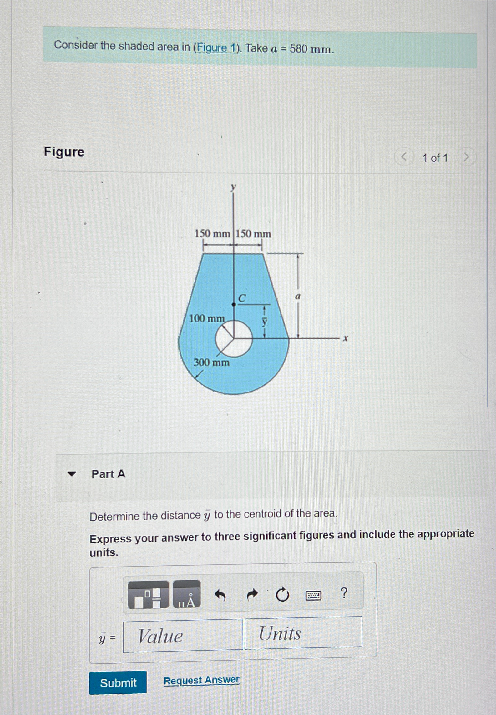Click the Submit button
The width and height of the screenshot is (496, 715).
(118, 682)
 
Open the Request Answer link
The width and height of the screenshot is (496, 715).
(201, 680)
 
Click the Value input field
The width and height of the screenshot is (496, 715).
(183, 636)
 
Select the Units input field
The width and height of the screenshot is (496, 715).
(303, 633)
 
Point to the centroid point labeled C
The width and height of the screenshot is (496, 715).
(234, 304)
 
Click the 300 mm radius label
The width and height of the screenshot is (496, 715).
(211, 362)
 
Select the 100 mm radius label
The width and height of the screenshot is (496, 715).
(207, 318)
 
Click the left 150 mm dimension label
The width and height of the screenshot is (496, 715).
(212, 233)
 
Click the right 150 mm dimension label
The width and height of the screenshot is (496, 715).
(253, 234)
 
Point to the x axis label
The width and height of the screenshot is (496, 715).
(345, 338)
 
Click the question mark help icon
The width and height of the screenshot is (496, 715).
(343, 592)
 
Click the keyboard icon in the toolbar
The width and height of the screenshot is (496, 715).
(313, 596)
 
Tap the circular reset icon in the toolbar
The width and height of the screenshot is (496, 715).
(282, 595)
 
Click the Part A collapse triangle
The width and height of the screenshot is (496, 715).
(72, 474)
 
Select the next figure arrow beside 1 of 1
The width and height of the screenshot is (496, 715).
(466, 157)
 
